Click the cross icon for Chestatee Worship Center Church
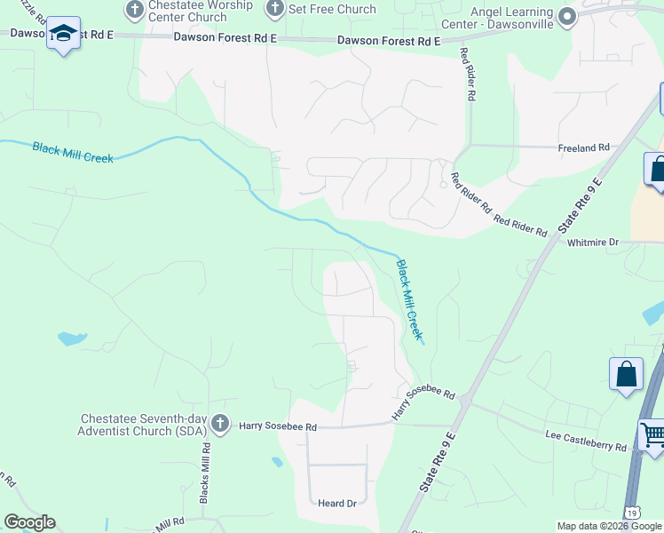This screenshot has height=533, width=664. coord(135,10)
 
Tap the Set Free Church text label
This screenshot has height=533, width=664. coord(333,9)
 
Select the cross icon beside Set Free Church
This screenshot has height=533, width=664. coord(275,9)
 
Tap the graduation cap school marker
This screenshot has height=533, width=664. coord(63,35)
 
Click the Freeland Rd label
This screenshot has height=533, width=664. coord(584,147)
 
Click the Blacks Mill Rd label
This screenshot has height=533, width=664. coord(204,480)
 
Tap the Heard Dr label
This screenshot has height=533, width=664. coord(337,503)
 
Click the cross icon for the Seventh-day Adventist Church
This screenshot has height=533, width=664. coord(220,424)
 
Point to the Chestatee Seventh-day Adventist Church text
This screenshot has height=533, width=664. coord(143,425)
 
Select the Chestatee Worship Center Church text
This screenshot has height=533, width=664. coord(189,11)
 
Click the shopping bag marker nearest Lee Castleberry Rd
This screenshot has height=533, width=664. coord(626,374)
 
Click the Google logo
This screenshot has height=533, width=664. coord(28,522)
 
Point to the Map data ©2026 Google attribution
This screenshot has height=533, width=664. coord(609,526)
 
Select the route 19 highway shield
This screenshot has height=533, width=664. coord(630,513)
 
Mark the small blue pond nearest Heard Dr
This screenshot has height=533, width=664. coord(278,462)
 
